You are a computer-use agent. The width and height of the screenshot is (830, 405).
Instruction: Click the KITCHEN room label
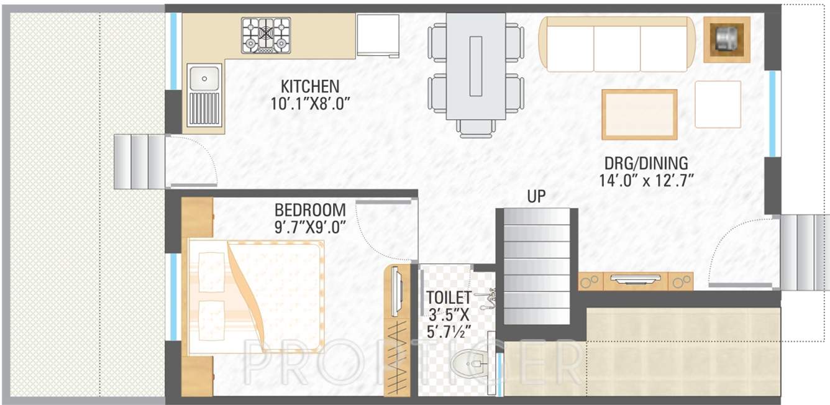coord(309,86)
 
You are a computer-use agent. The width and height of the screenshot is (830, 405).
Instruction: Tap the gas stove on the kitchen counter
coord(266,35)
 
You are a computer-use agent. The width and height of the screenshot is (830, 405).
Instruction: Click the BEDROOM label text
coord(310,209)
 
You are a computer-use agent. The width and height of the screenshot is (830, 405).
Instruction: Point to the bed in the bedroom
coord(255,298)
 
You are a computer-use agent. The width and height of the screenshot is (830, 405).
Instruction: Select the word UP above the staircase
coord(536,198)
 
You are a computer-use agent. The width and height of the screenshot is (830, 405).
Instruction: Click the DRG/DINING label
coord(646,164)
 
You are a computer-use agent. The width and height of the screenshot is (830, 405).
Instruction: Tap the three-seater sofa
coord(617,44)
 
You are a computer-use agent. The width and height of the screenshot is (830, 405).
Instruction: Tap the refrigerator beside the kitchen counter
coord(378,36)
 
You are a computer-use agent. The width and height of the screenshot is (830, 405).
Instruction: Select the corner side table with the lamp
coord(726,39)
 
